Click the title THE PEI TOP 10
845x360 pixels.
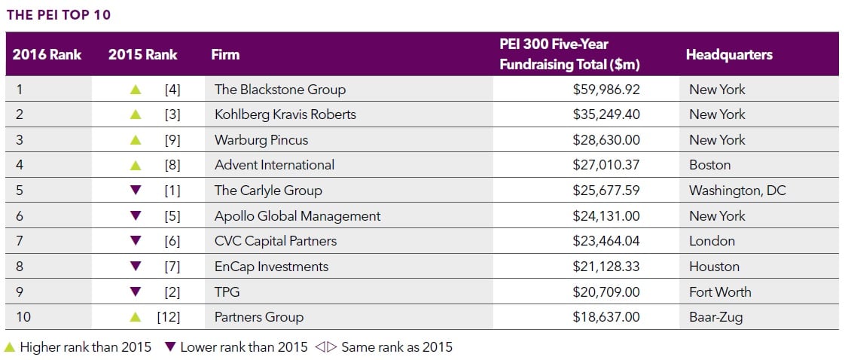point(59,15)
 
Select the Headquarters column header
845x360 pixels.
point(728,54)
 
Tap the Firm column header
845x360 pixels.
point(225,54)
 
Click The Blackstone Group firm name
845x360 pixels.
point(279,89)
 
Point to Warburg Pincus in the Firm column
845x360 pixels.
point(261,140)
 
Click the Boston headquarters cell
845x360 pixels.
point(709,165)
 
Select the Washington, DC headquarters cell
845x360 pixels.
point(737,191)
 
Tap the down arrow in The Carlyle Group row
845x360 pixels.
point(136,191)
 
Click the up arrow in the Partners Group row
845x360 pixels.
point(136,317)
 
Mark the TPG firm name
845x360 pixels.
point(227,291)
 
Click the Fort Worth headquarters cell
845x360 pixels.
point(719,291)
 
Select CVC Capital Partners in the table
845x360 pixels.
point(275,241)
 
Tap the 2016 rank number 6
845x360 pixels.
point(19,216)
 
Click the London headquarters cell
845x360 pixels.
point(711,241)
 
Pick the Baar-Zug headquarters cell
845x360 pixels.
point(715,317)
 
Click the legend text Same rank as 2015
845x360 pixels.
point(396,347)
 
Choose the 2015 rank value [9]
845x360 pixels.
point(172,140)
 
